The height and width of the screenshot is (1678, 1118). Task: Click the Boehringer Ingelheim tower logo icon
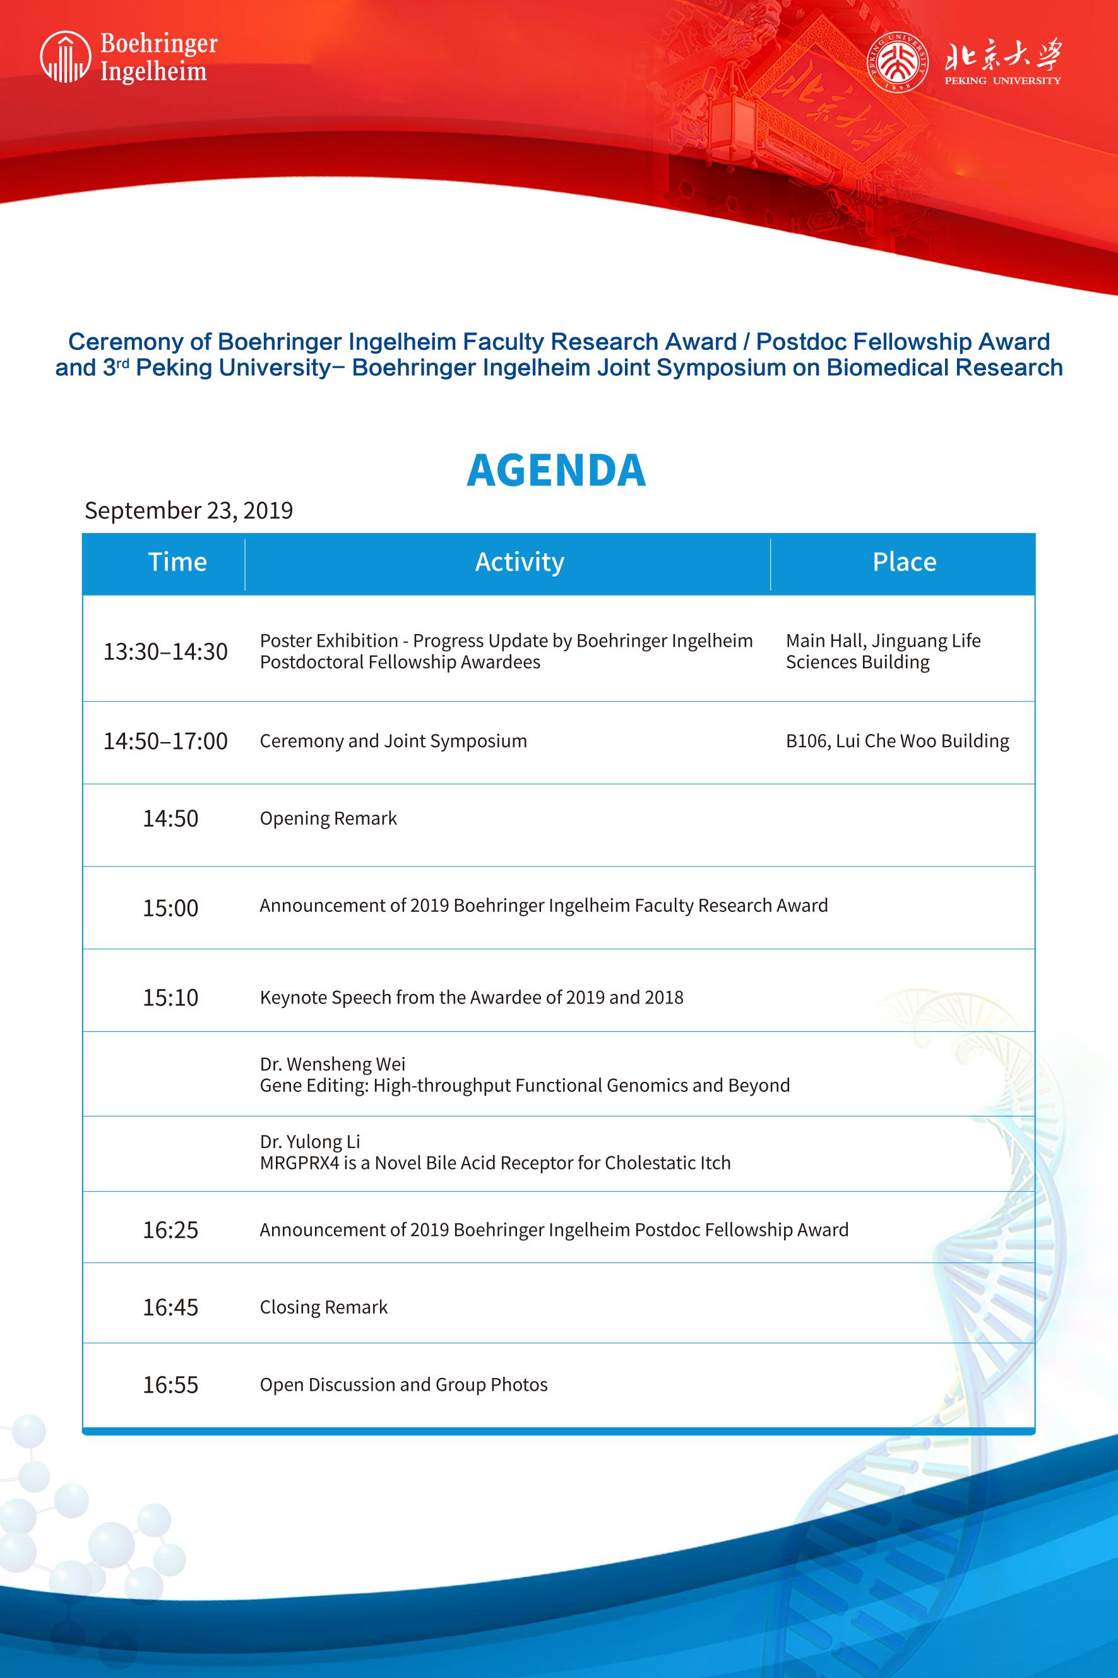[x=66, y=57]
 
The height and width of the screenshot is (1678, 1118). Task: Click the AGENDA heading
[x=556, y=470]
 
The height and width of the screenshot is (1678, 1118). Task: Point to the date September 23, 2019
[x=189, y=511]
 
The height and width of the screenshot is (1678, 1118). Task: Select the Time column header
[x=177, y=562]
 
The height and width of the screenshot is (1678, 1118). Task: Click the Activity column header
[x=520, y=562]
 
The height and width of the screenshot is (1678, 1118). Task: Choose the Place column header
[x=904, y=562]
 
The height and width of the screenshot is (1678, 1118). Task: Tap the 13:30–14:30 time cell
[x=165, y=651]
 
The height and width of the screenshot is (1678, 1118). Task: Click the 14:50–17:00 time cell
[x=165, y=741]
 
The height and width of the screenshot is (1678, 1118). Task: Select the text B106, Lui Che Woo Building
[x=897, y=741]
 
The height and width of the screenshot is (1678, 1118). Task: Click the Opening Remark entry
[x=328, y=818]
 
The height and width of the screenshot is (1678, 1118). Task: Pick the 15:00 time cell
[x=170, y=908]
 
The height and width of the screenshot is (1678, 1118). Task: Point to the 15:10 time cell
[x=170, y=997]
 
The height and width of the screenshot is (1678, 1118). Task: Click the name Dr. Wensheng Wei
[x=332, y=1064]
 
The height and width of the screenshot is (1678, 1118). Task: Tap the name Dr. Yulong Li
[x=310, y=1142]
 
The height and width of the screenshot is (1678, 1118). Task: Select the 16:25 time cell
[x=170, y=1230]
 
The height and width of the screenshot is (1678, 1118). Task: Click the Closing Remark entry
[x=324, y=1307]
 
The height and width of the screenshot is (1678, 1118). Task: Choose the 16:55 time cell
[x=170, y=1385]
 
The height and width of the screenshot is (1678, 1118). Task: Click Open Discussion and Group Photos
[x=403, y=1385]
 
